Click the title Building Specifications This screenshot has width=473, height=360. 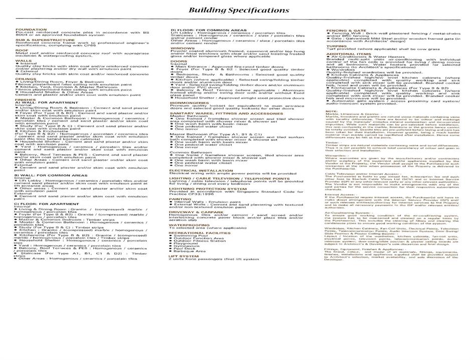(x=238, y=10)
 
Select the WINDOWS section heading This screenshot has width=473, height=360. (x=180, y=48)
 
